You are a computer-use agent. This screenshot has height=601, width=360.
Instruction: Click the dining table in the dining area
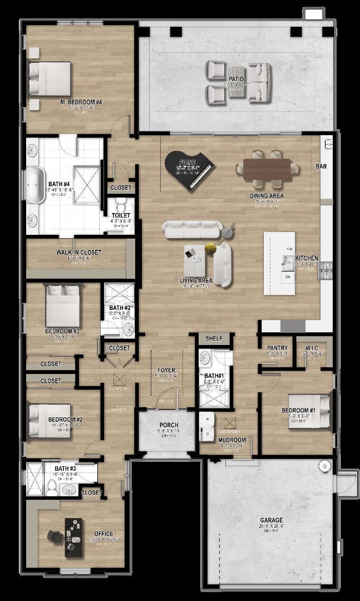pyautogui.click(x=267, y=169)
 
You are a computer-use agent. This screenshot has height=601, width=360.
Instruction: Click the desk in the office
pyautogui.click(x=73, y=536)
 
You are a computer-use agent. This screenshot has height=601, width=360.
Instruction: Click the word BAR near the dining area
pyautogui.click(x=321, y=166)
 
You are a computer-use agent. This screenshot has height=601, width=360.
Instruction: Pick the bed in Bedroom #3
pyautogui.click(x=63, y=306)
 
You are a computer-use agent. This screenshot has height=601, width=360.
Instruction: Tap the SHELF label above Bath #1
pyautogui.click(x=214, y=338)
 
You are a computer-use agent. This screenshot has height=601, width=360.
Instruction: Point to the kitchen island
pyautogui.click(x=279, y=263)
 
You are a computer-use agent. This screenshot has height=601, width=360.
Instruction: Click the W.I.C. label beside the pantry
pyautogui.click(x=312, y=348)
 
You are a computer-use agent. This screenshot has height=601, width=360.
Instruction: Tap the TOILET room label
pyautogui.click(x=120, y=215)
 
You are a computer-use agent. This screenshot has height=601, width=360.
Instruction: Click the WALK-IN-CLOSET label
pyautogui.click(x=79, y=252)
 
